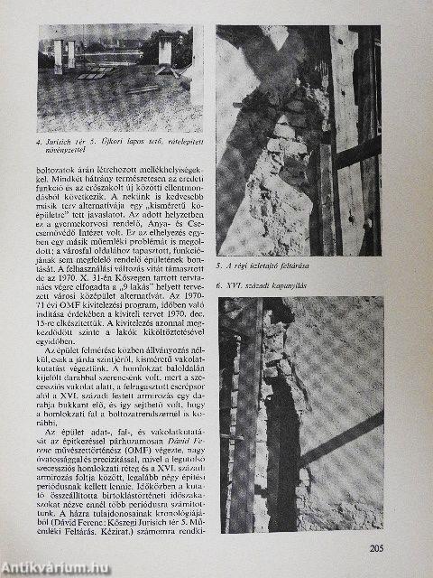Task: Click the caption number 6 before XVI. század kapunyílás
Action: [x=220, y=284]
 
